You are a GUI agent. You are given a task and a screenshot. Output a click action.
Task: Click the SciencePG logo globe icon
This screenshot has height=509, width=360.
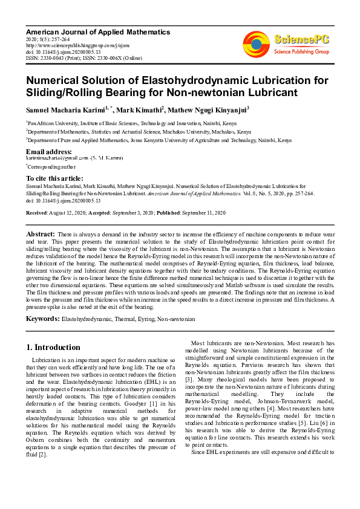pos(257,44)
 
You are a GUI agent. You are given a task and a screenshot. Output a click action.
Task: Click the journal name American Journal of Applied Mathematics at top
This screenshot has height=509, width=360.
pos(98,32)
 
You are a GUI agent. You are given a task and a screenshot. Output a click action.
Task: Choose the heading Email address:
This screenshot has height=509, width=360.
pos(49,151)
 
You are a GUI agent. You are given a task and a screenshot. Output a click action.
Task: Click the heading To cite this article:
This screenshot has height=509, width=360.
pos(54,178)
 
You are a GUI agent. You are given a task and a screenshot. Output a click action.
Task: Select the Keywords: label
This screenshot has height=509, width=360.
pos(42,317)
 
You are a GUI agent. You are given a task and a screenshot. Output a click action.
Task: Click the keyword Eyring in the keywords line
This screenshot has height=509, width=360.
pos(143,318)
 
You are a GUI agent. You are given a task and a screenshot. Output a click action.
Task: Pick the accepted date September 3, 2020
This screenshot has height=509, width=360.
pos(131,213)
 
